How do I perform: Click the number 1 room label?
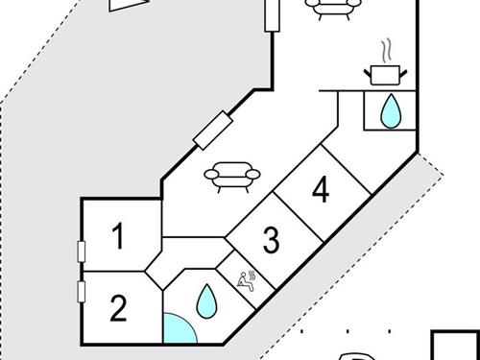118,236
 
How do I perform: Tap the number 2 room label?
118,308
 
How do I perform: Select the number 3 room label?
271,240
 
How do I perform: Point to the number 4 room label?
321,191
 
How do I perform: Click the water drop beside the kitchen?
391,111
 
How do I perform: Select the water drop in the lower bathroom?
206,302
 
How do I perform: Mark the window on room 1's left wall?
83,252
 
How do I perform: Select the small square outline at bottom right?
456,348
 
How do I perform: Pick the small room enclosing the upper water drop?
390,109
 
